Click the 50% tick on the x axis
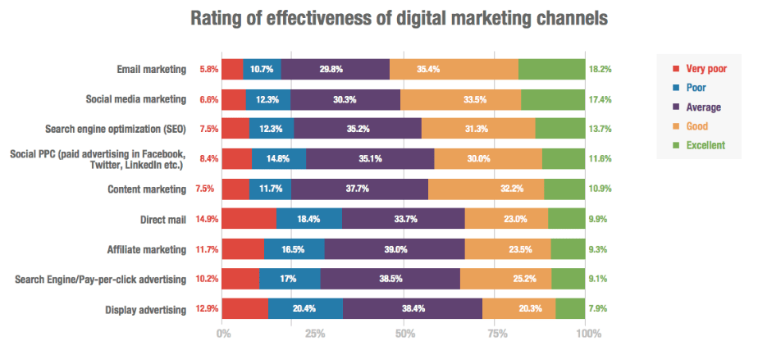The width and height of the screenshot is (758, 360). [x=405, y=334]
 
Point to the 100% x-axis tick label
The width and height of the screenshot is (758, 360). [x=587, y=334]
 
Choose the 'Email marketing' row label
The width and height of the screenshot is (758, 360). [x=152, y=70]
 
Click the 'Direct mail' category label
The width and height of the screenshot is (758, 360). [x=162, y=219]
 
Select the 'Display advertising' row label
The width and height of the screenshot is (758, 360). [x=146, y=309]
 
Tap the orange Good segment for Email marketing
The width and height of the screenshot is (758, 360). [x=454, y=70]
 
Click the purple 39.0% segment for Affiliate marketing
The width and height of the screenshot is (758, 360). [x=395, y=249]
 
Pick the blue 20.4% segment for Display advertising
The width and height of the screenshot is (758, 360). [x=305, y=309]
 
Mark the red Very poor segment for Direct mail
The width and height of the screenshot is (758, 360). [x=249, y=219]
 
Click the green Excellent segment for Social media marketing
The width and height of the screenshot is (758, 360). [x=552, y=100]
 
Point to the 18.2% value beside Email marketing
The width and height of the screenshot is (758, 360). [x=600, y=70]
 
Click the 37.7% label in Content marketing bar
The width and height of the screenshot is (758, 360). [x=360, y=189]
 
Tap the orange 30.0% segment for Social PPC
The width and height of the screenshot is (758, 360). [x=487, y=159]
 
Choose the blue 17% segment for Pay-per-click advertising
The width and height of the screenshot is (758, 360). [x=290, y=280]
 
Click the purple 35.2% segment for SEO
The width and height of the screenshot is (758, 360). [x=358, y=130]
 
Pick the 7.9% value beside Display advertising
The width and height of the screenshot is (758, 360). [x=598, y=309]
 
